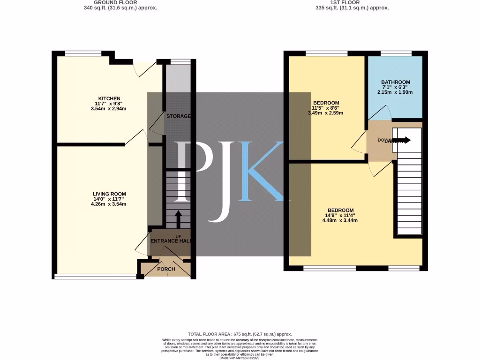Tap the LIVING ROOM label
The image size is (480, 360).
coord(109,194)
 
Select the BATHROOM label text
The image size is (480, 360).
coord(395,82)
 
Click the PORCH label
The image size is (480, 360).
coord(166,269)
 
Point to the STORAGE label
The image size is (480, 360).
coord(178,116)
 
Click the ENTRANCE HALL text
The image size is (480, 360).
coord(171,241)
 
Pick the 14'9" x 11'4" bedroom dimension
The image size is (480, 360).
coord(340,215)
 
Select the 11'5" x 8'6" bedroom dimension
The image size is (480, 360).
coord(323,108)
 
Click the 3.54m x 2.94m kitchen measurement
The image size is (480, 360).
coord(109,109)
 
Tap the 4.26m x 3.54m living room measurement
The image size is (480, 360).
coord(109,204)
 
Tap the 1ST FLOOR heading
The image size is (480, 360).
coord(352,2)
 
